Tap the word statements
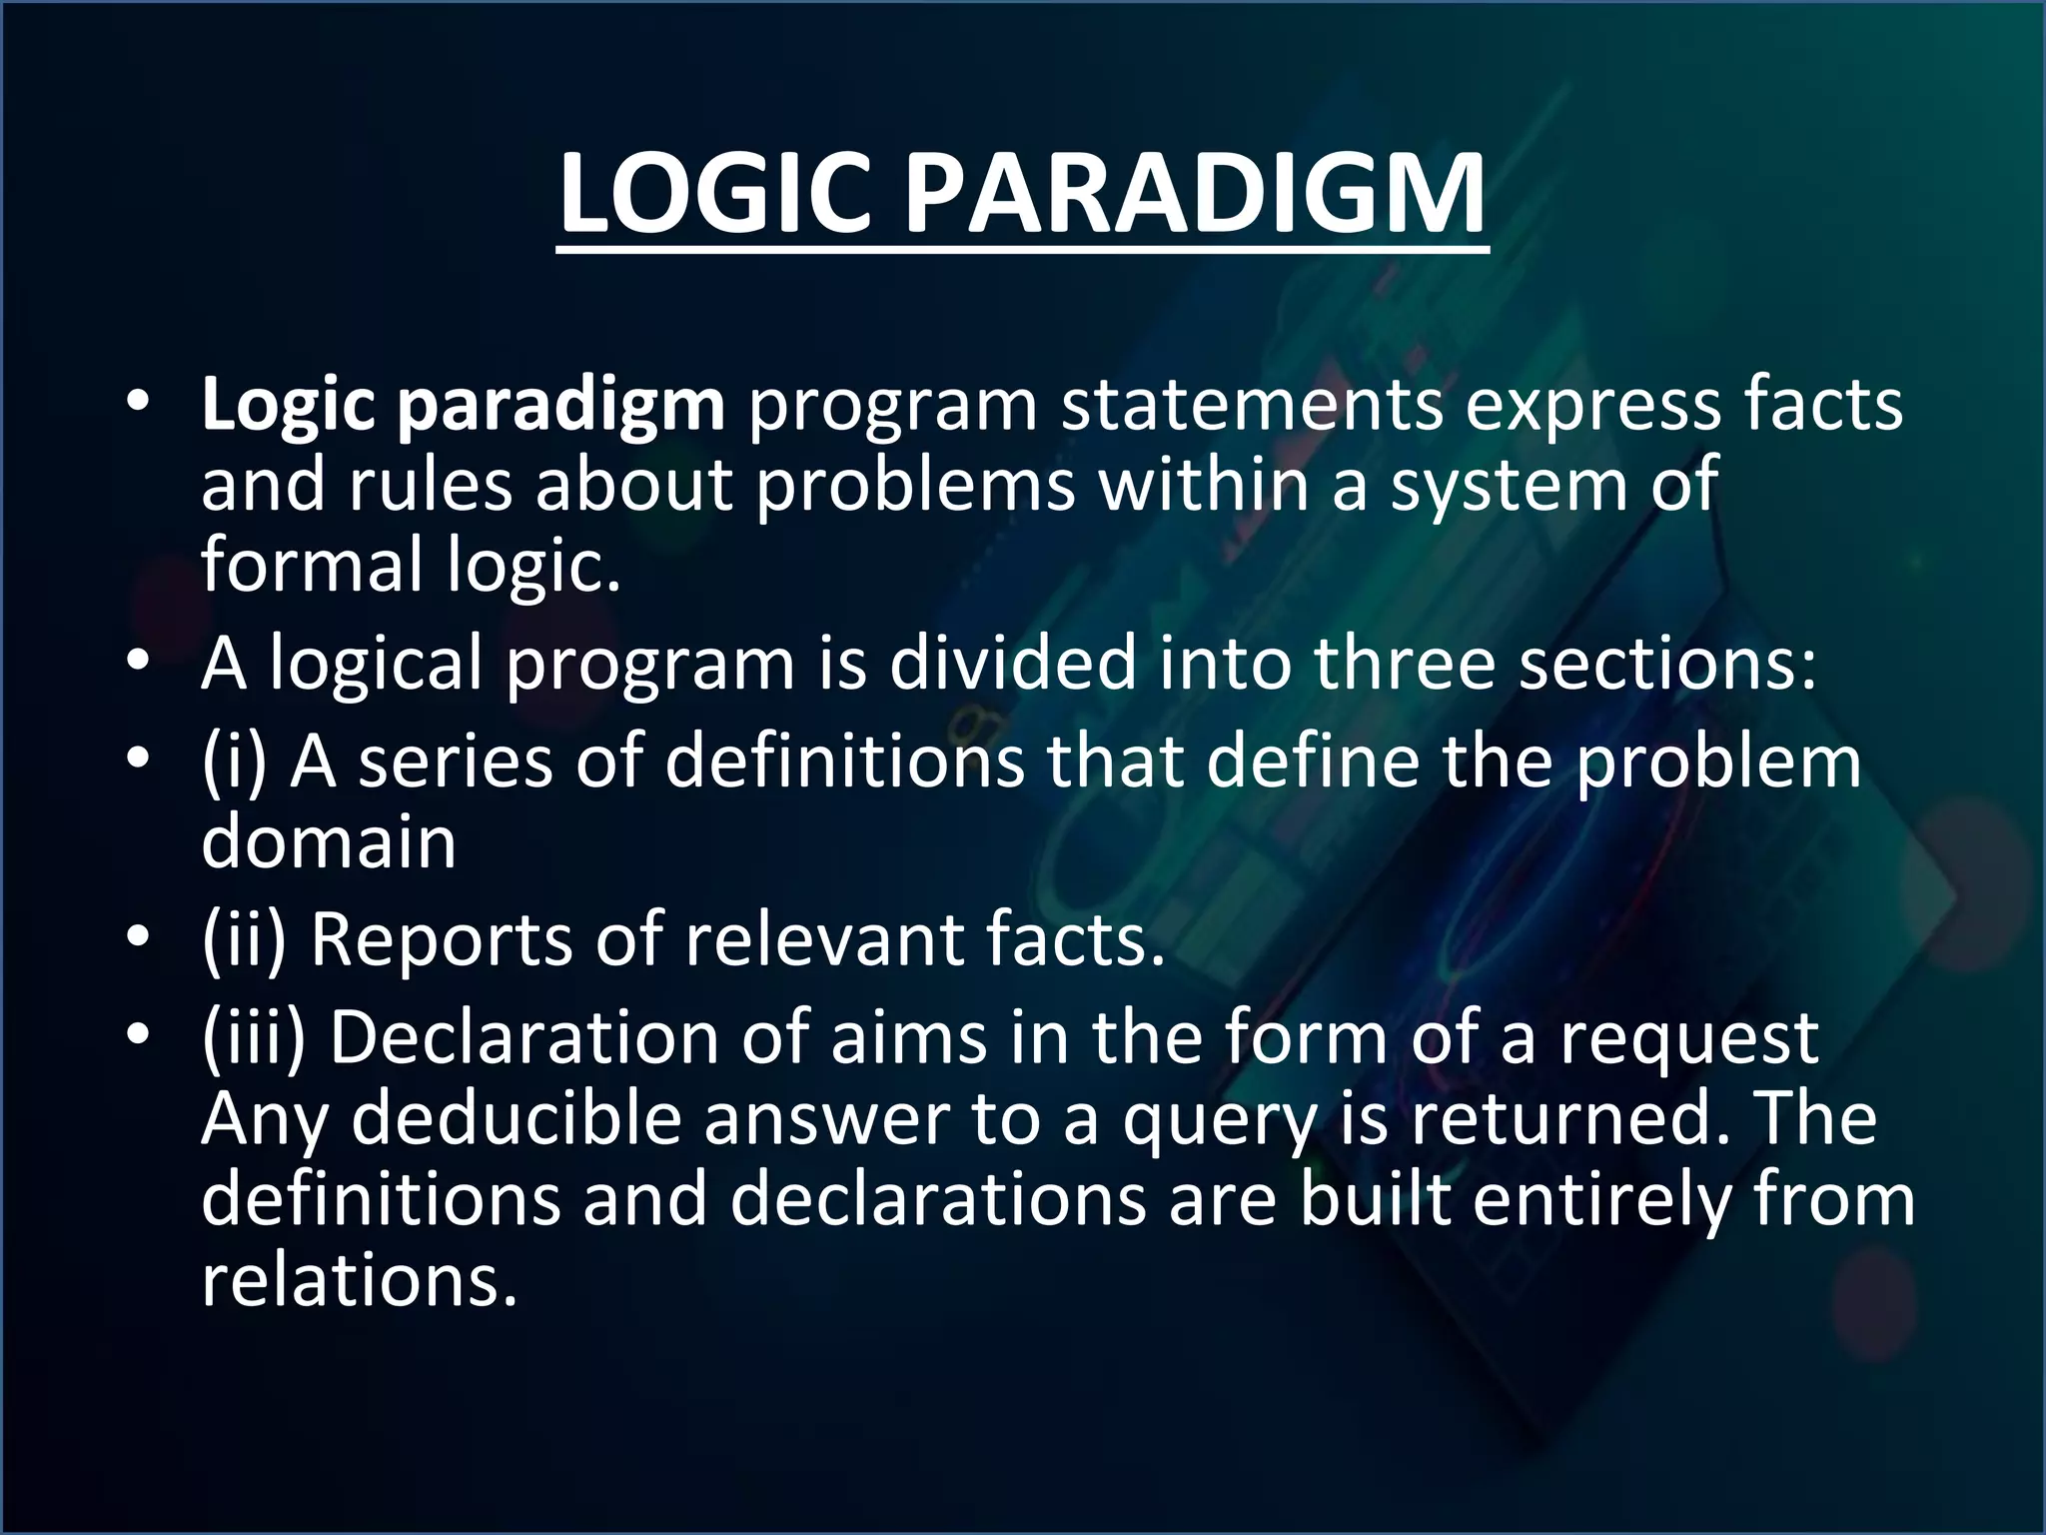click(x=1251, y=405)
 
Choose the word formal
click(x=313, y=564)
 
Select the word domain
click(x=329, y=841)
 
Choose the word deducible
click(x=515, y=1118)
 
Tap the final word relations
click(x=360, y=1280)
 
